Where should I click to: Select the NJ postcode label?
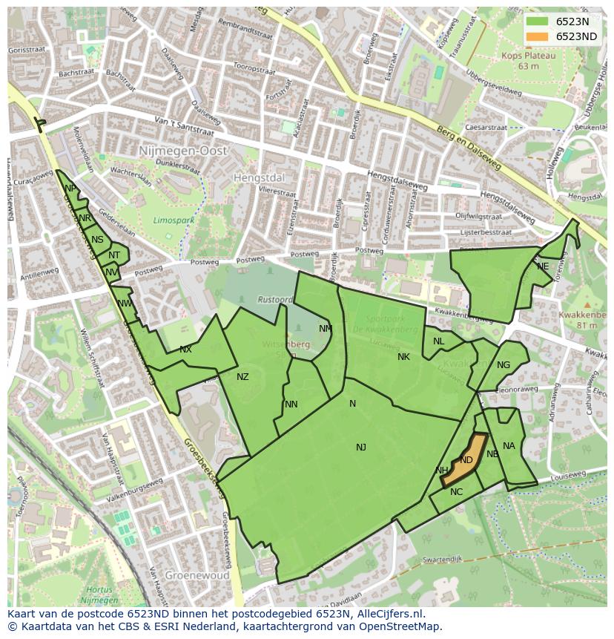361,447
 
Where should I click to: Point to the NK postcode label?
403,357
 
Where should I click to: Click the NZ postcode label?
242,377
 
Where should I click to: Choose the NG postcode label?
504,364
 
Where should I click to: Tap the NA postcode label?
509,446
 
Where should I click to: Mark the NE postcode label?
543,266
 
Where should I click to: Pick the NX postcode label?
185,350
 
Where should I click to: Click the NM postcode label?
326,329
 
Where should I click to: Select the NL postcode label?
438,341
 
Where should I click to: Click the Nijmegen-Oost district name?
182,151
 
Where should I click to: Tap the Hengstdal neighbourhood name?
259,178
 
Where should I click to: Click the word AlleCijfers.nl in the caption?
390,614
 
